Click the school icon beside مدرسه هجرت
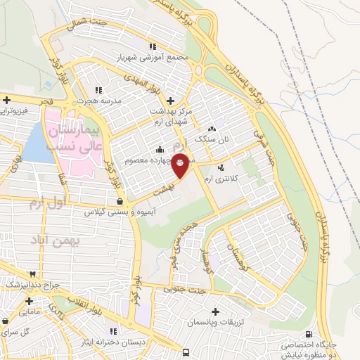click(98, 89)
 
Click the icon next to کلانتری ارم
click(222, 167)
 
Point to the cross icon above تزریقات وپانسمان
click(215, 311)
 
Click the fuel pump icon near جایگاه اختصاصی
click(309, 334)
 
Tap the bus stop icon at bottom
click(186, 352)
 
